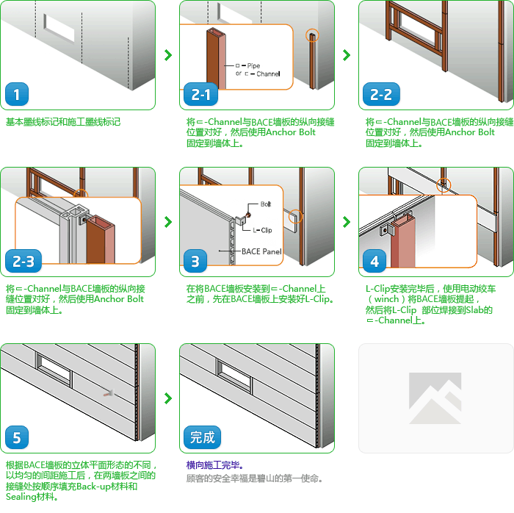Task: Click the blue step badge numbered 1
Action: point(17,94)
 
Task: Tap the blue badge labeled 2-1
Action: point(200,94)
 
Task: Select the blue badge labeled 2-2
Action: point(381,94)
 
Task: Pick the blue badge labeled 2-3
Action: point(23,261)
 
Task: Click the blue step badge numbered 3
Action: point(195,261)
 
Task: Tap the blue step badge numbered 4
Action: point(374,261)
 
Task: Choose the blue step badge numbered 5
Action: point(17,437)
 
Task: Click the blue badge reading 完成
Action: point(202,437)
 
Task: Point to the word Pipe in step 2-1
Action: point(253,65)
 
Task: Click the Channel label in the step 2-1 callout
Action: point(268,73)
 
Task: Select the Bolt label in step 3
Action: point(266,204)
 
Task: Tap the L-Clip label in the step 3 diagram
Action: point(262,230)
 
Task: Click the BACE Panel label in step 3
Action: point(261,251)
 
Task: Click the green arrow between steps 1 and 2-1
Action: point(168,55)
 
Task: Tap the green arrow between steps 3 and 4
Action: point(347,222)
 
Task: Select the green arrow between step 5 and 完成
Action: point(168,398)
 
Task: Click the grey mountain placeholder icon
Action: point(435,398)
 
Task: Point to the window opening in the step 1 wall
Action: point(59,28)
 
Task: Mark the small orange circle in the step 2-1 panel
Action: point(312,35)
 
